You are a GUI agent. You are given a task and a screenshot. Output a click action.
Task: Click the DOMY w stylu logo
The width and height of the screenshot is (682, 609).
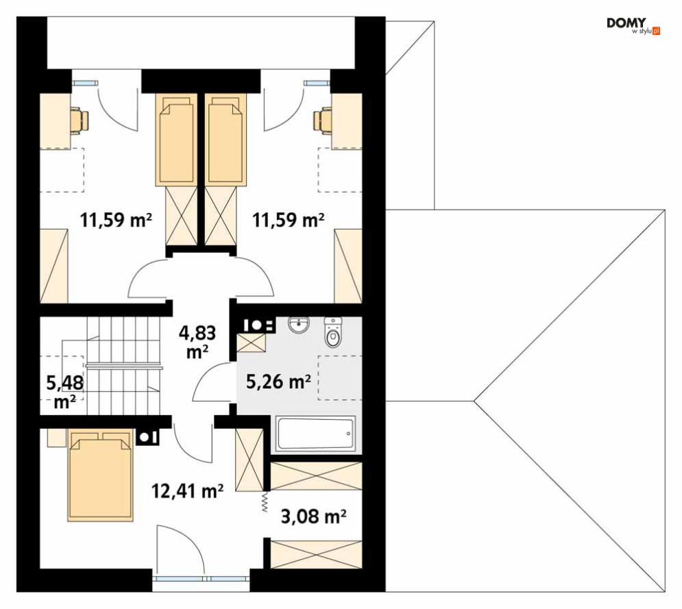click(x=633, y=26)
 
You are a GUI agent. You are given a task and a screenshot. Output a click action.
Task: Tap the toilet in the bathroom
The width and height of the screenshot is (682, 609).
click(x=333, y=332)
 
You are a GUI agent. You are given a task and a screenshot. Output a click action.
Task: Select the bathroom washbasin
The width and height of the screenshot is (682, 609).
click(x=298, y=325)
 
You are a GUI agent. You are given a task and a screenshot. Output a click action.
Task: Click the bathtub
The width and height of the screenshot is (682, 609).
click(x=316, y=433)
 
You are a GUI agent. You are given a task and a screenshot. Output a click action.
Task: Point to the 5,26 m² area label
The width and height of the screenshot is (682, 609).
click(x=278, y=382)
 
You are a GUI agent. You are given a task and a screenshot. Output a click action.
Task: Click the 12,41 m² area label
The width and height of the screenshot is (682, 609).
click(x=187, y=491)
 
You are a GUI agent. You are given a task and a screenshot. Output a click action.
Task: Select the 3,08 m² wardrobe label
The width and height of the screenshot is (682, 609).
click(x=314, y=517)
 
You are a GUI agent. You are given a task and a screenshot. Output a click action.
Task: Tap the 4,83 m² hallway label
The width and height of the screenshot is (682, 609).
click(x=197, y=343)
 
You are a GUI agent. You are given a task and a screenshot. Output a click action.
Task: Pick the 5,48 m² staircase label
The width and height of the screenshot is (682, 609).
click(x=65, y=392)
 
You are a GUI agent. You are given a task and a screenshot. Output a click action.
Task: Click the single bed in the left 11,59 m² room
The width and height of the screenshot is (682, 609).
click(x=177, y=140)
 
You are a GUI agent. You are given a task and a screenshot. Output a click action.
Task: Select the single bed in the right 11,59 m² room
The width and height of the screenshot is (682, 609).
click(x=226, y=140)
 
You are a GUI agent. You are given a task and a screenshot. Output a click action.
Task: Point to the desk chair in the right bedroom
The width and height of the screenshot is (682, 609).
click(x=323, y=121)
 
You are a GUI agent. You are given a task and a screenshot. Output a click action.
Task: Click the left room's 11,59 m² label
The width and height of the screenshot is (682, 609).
click(x=116, y=221)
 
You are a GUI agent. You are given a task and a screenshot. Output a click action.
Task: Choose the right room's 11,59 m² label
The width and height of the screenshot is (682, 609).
click(x=289, y=221)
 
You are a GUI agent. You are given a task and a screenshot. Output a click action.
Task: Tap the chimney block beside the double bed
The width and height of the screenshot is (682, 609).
click(x=147, y=437)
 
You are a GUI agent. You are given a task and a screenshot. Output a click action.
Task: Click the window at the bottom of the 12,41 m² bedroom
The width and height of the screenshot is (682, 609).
click(x=201, y=579)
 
